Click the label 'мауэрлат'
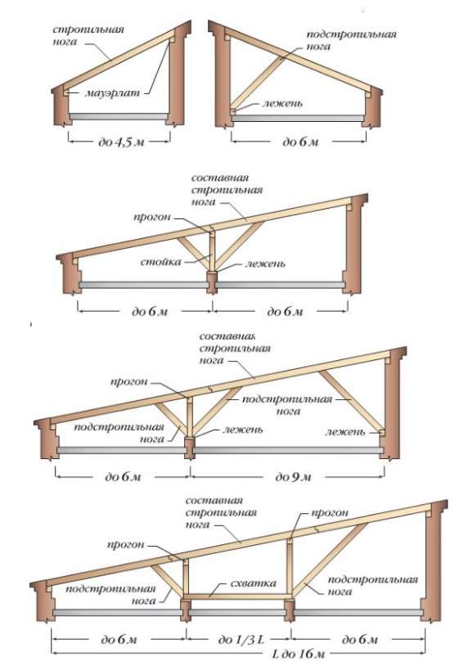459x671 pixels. (x=113, y=92)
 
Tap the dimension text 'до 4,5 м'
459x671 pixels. (x=121, y=142)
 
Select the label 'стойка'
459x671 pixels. (x=161, y=262)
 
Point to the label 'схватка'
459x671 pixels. (x=254, y=583)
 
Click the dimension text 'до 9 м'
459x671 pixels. (x=293, y=477)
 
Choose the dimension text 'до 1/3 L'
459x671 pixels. (x=241, y=640)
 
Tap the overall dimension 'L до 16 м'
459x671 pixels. (x=299, y=654)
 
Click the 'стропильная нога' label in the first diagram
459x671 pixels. (x=88, y=35)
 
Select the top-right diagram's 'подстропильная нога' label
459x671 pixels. (x=352, y=40)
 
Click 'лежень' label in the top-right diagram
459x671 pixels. (x=283, y=103)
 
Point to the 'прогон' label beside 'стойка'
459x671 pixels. (x=152, y=217)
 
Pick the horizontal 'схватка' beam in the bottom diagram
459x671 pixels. (x=237, y=596)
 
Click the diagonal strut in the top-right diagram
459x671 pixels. (x=258, y=81)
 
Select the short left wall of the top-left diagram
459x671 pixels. (x=61, y=107)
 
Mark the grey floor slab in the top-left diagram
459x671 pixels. (x=119, y=116)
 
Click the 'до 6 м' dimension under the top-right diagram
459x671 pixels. (x=300, y=142)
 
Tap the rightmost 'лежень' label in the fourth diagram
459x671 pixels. (x=345, y=431)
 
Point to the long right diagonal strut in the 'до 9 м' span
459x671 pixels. (x=351, y=401)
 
